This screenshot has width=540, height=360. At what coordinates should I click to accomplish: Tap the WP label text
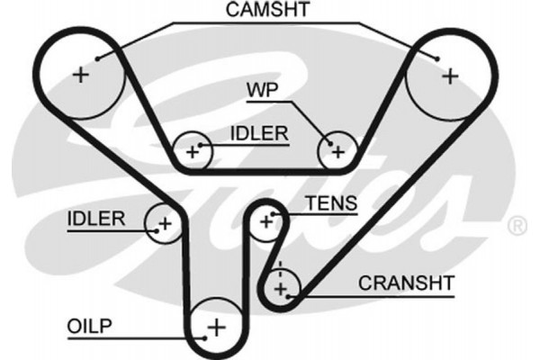tap(262, 90)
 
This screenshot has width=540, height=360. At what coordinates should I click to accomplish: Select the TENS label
tap(330, 203)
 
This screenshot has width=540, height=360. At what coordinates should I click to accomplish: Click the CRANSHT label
tap(406, 282)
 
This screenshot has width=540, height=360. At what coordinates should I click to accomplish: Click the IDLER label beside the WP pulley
tap(259, 133)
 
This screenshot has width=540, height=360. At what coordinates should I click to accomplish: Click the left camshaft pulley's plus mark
tap(82, 75)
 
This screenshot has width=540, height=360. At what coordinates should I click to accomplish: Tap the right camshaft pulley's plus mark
tap(450, 76)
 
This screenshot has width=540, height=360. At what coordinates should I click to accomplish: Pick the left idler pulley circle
tap(165, 222)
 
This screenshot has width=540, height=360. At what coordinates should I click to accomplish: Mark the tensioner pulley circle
tap(266, 220)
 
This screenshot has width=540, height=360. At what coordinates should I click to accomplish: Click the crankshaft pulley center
tap(282, 288)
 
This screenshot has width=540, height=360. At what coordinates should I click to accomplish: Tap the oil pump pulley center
tap(216, 326)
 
